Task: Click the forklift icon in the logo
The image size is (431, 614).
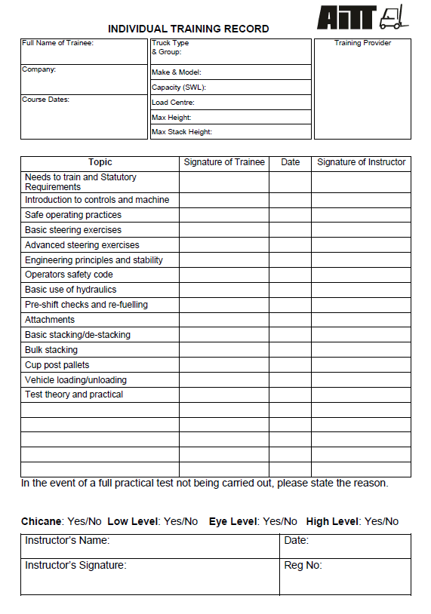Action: coord(393,17)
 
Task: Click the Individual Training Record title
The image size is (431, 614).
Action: coord(188,29)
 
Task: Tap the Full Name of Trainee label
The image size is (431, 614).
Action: coord(57,43)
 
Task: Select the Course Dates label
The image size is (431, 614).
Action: coord(45,100)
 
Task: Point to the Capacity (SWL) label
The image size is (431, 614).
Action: coord(178,87)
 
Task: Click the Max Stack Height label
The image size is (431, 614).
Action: coord(182,132)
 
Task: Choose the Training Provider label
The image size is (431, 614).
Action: coord(362,43)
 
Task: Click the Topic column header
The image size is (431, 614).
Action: coord(100,162)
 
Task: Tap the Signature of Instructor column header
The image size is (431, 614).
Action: coord(361,162)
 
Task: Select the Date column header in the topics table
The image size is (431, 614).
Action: coord(290,162)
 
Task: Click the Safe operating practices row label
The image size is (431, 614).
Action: coord(72,215)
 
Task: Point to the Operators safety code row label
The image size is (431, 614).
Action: coord(69,275)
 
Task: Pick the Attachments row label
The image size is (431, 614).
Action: coord(50,320)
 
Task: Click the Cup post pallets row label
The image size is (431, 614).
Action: coord(57,365)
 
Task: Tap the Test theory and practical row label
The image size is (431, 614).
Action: coord(74,394)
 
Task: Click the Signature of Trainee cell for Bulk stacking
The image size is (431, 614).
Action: coord(224,350)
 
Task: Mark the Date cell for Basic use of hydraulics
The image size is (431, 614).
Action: coord(290,290)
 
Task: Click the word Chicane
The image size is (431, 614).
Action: coord(41,521)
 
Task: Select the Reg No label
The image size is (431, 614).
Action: coord(303,565)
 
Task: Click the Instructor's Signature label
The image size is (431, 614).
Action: coord(75,565)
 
